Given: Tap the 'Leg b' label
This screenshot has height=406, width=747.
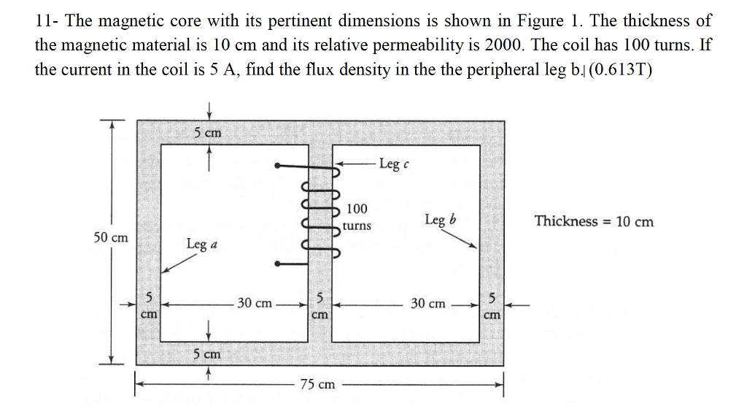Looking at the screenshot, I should pyautogui.click(x=440, y=220).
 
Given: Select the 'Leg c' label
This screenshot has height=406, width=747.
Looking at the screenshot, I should pyautogui.click(x=392, y=164).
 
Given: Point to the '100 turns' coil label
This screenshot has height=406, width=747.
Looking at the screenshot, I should pyautogui.click(x=357, y=218).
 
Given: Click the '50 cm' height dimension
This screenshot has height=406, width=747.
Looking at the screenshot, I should pyautogui.click(x=111, y=237).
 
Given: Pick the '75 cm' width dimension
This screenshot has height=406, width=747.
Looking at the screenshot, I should pyautogui.click(x=317, y=383).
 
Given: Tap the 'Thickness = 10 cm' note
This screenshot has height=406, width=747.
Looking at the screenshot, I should pyautogui.click(x=594, y=221).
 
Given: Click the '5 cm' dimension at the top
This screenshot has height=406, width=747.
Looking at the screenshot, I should pyautogui.click(x=208, y=133).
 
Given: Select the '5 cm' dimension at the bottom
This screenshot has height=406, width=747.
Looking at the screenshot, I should pyautogui.click(x=208, y=354).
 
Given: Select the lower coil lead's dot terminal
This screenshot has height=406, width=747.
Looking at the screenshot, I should pyautogui.click(x=277, y=264).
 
